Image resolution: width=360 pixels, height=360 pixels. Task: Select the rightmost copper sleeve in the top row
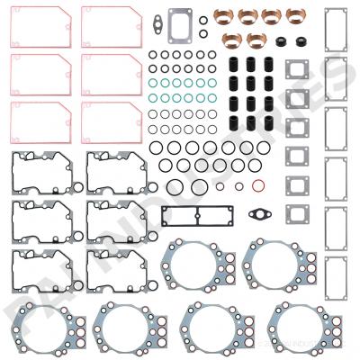click(294, 16)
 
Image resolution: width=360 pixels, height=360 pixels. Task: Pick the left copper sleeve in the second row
click(231, 40)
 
